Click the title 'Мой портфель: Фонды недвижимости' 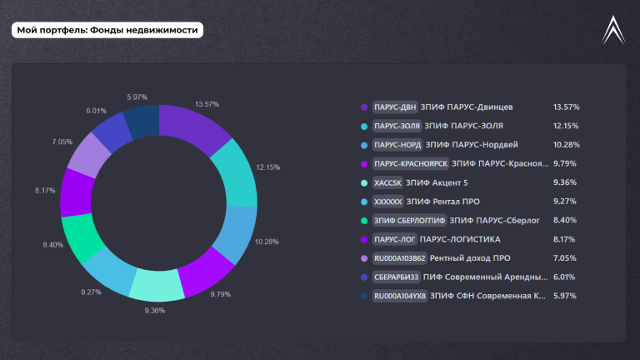107,30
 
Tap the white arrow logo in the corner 613,30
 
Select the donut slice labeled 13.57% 192,127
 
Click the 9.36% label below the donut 155,311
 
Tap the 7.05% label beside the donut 62,142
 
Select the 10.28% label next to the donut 267,242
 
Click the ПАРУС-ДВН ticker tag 395,107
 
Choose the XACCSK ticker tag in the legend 387,182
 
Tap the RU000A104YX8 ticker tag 400,296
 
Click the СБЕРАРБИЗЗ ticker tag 397,277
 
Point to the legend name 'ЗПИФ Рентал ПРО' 442,202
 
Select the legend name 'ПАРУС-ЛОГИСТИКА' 460,239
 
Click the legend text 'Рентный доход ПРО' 470,258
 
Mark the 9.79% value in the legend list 565,163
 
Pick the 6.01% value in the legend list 564,277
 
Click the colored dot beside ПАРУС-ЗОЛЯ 364,126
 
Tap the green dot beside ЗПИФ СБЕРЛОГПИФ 364,221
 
